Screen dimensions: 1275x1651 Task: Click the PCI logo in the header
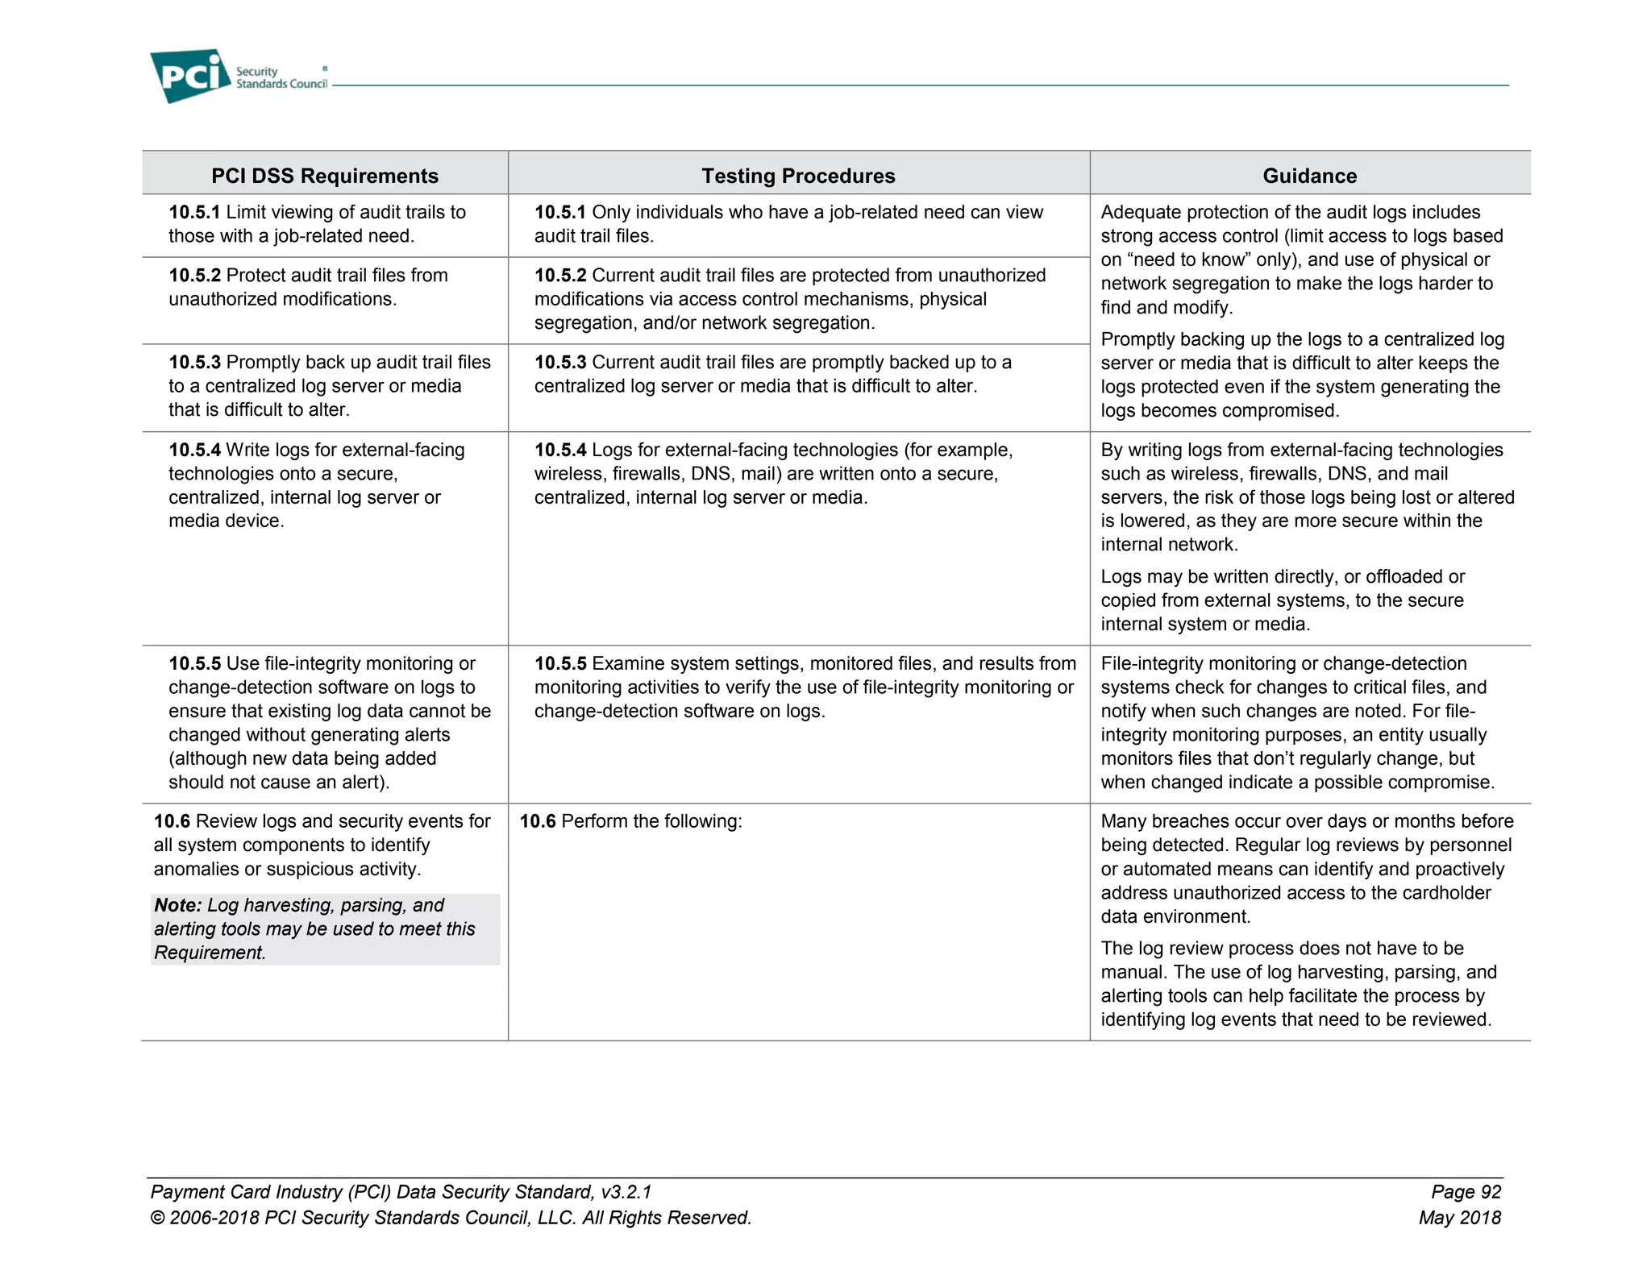[x=190, y=76]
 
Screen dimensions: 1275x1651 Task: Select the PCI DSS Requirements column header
[x=325, y=176]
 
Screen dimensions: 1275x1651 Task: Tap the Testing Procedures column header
[x=798, y=176]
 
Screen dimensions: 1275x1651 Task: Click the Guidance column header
[x=1309, y=176]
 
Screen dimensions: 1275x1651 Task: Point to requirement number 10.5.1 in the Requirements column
[x=194, y=212]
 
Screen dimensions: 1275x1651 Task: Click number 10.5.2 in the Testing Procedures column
[x=560, y=276]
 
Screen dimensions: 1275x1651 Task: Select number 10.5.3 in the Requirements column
[x=194, y=363]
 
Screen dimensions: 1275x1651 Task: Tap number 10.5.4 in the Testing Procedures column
[x=560, y=450]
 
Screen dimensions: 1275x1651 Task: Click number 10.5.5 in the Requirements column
[x=194, y=663]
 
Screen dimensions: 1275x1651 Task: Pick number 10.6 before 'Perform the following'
[x=538, y=821]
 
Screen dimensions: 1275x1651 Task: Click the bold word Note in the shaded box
[x=177, y=905]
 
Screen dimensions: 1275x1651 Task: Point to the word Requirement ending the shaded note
[x=210, y=953]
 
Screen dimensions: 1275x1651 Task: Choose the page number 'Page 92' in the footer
[x=1466, y=1192]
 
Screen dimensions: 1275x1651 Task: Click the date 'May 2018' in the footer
[x=1460, y=1218]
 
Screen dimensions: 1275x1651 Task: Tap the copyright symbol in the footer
[x=157, y=1218]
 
